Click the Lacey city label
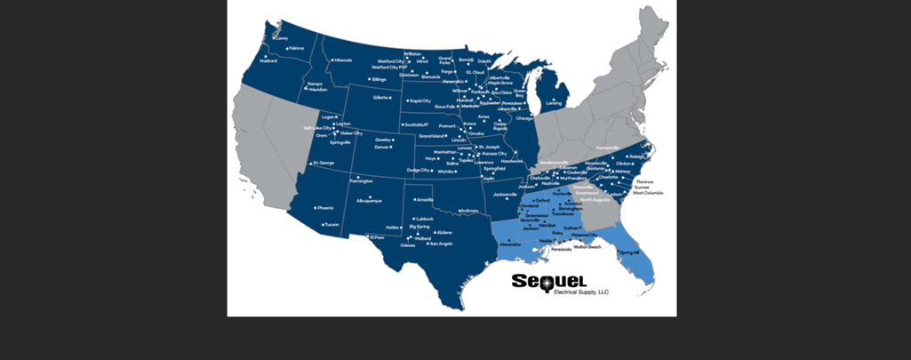click(282, 38)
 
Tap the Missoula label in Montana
click(342, 60)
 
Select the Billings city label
click(379, 79)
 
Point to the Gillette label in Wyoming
click(381, 96)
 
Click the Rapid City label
click(420, 100)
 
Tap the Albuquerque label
click(369, 201)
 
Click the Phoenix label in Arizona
click(325, 208)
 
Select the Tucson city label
click(332, 224)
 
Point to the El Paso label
click(377, 237)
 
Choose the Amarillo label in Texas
click(425, 200)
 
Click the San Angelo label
click(441, 244)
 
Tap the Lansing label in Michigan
click(555, 103)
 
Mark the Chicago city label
click(523, 118)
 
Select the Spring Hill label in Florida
click(629, 253)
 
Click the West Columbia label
click(647, 193)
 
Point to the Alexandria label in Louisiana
click(509, 244)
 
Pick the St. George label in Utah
click(322, 164)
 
